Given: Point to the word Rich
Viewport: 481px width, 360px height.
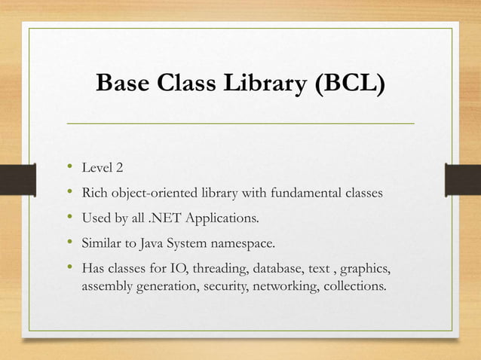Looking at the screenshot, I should [94, 194].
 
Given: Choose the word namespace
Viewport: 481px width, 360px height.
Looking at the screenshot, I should [248, 244].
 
